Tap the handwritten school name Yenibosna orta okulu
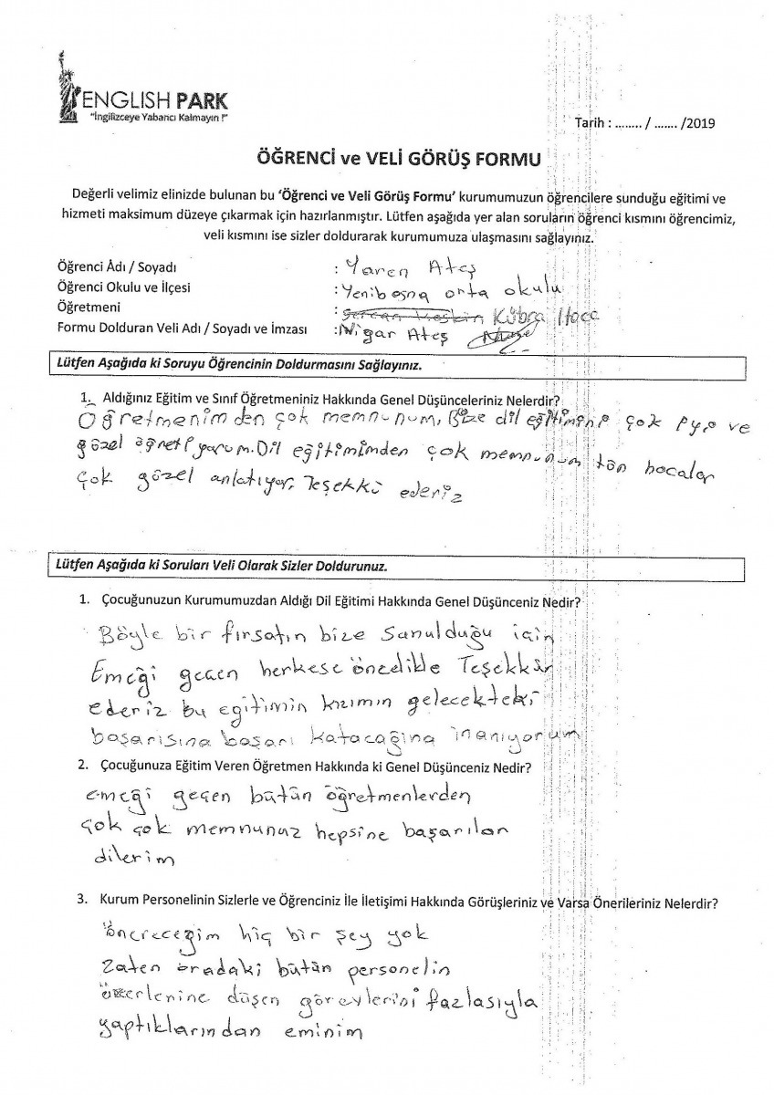coord(446,291)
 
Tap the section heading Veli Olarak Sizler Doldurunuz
coord(219,566)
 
